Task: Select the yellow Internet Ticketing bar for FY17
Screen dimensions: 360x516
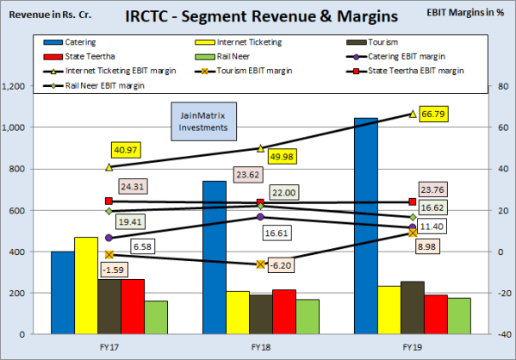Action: (x=86, y=285)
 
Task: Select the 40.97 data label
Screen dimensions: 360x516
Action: (x=125, y=150)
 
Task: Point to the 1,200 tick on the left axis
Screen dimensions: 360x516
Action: (x=16, y=86)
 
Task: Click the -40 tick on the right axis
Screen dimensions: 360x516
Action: (x=500, y=334)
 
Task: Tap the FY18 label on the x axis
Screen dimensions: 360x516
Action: (x=261, y=346)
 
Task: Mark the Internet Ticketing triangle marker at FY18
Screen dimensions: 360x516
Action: (x=261, y=147)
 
